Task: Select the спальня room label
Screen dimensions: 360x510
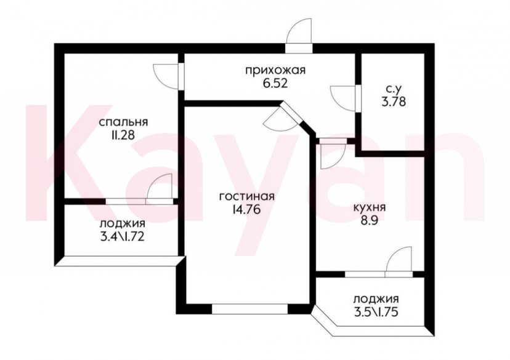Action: coord(124,121)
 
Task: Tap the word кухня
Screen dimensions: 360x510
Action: coord(370,208)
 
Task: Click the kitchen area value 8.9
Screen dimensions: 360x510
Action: coord(370,220)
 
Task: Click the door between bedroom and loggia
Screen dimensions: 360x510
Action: coord(159,187)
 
